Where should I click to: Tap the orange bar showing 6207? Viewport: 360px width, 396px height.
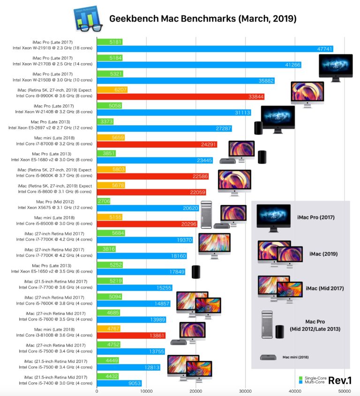point(112,90)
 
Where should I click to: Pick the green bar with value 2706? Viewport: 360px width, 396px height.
point(104,201)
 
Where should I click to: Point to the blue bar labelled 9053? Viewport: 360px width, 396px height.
point(119,383)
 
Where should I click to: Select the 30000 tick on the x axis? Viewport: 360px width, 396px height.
point(245,391)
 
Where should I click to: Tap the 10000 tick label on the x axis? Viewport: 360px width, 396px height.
point(146,391)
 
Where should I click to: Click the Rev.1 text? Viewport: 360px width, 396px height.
point(340,380)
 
